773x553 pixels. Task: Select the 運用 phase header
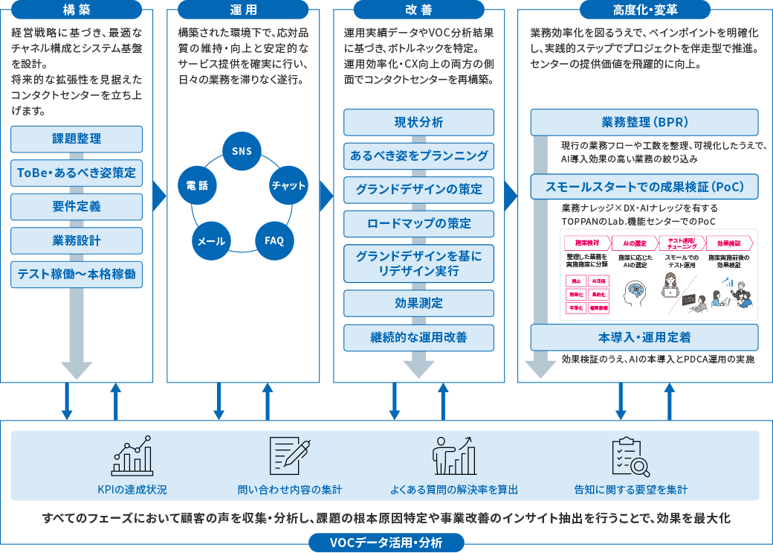tap(242, 10)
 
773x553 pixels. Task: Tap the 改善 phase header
tap(418, 10)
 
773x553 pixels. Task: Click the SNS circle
tap(242, 151)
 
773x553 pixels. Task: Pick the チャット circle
tap(288, 185)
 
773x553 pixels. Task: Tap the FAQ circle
tap(274, 240)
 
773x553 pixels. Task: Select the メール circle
tap(211, 240)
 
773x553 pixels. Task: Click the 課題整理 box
tap(77, 139)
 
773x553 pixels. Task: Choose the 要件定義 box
tap(77, 207)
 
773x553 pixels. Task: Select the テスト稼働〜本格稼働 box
tap(77, 275)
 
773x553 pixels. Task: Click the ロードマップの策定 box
tap(418, 223)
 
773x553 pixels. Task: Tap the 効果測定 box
tap(418, 303)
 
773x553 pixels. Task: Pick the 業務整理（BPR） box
tap(644, 123)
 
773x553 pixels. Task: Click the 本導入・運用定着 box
tap(644, 337)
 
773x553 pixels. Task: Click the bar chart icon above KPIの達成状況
tap(132, 455)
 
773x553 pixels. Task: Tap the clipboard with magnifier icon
tap(630, 455)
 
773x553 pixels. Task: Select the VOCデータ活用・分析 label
tap(386, 543)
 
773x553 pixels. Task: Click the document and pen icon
tap(290, 455)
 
